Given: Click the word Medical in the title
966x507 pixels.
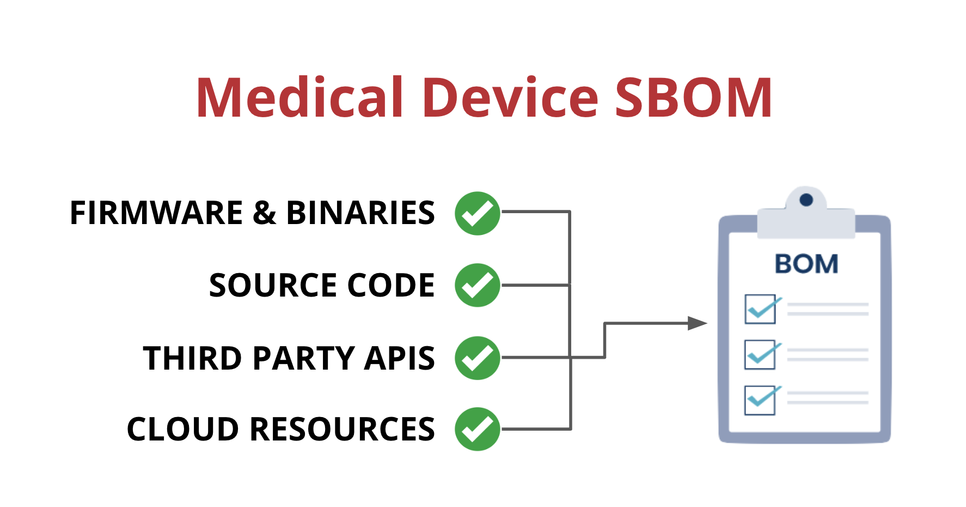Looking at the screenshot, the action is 299,97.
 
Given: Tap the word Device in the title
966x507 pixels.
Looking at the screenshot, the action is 511,97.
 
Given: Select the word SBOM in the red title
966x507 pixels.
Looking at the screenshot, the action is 694,97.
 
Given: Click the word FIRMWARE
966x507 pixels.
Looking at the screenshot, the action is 156,213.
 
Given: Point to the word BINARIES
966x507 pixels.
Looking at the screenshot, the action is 360,213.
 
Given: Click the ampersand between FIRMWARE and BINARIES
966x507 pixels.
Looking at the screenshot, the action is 265,213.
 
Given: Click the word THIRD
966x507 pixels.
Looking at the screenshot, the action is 192,358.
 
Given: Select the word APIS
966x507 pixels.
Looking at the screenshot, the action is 400,358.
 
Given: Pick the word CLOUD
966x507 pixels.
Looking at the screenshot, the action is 182,429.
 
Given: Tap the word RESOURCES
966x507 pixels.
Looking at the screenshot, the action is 342,429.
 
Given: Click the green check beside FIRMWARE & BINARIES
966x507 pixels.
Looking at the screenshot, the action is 478,213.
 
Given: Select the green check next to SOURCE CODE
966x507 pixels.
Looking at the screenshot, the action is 478,285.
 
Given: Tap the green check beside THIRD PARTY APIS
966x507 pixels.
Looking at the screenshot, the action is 478,358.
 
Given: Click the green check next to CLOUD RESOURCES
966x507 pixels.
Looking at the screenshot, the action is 478,429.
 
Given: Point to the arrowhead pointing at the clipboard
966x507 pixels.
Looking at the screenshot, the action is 698,323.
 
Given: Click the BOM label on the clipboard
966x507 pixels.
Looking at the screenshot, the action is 806,264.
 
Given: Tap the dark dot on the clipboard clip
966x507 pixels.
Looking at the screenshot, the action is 806,200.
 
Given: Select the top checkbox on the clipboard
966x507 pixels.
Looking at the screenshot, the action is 760,309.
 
